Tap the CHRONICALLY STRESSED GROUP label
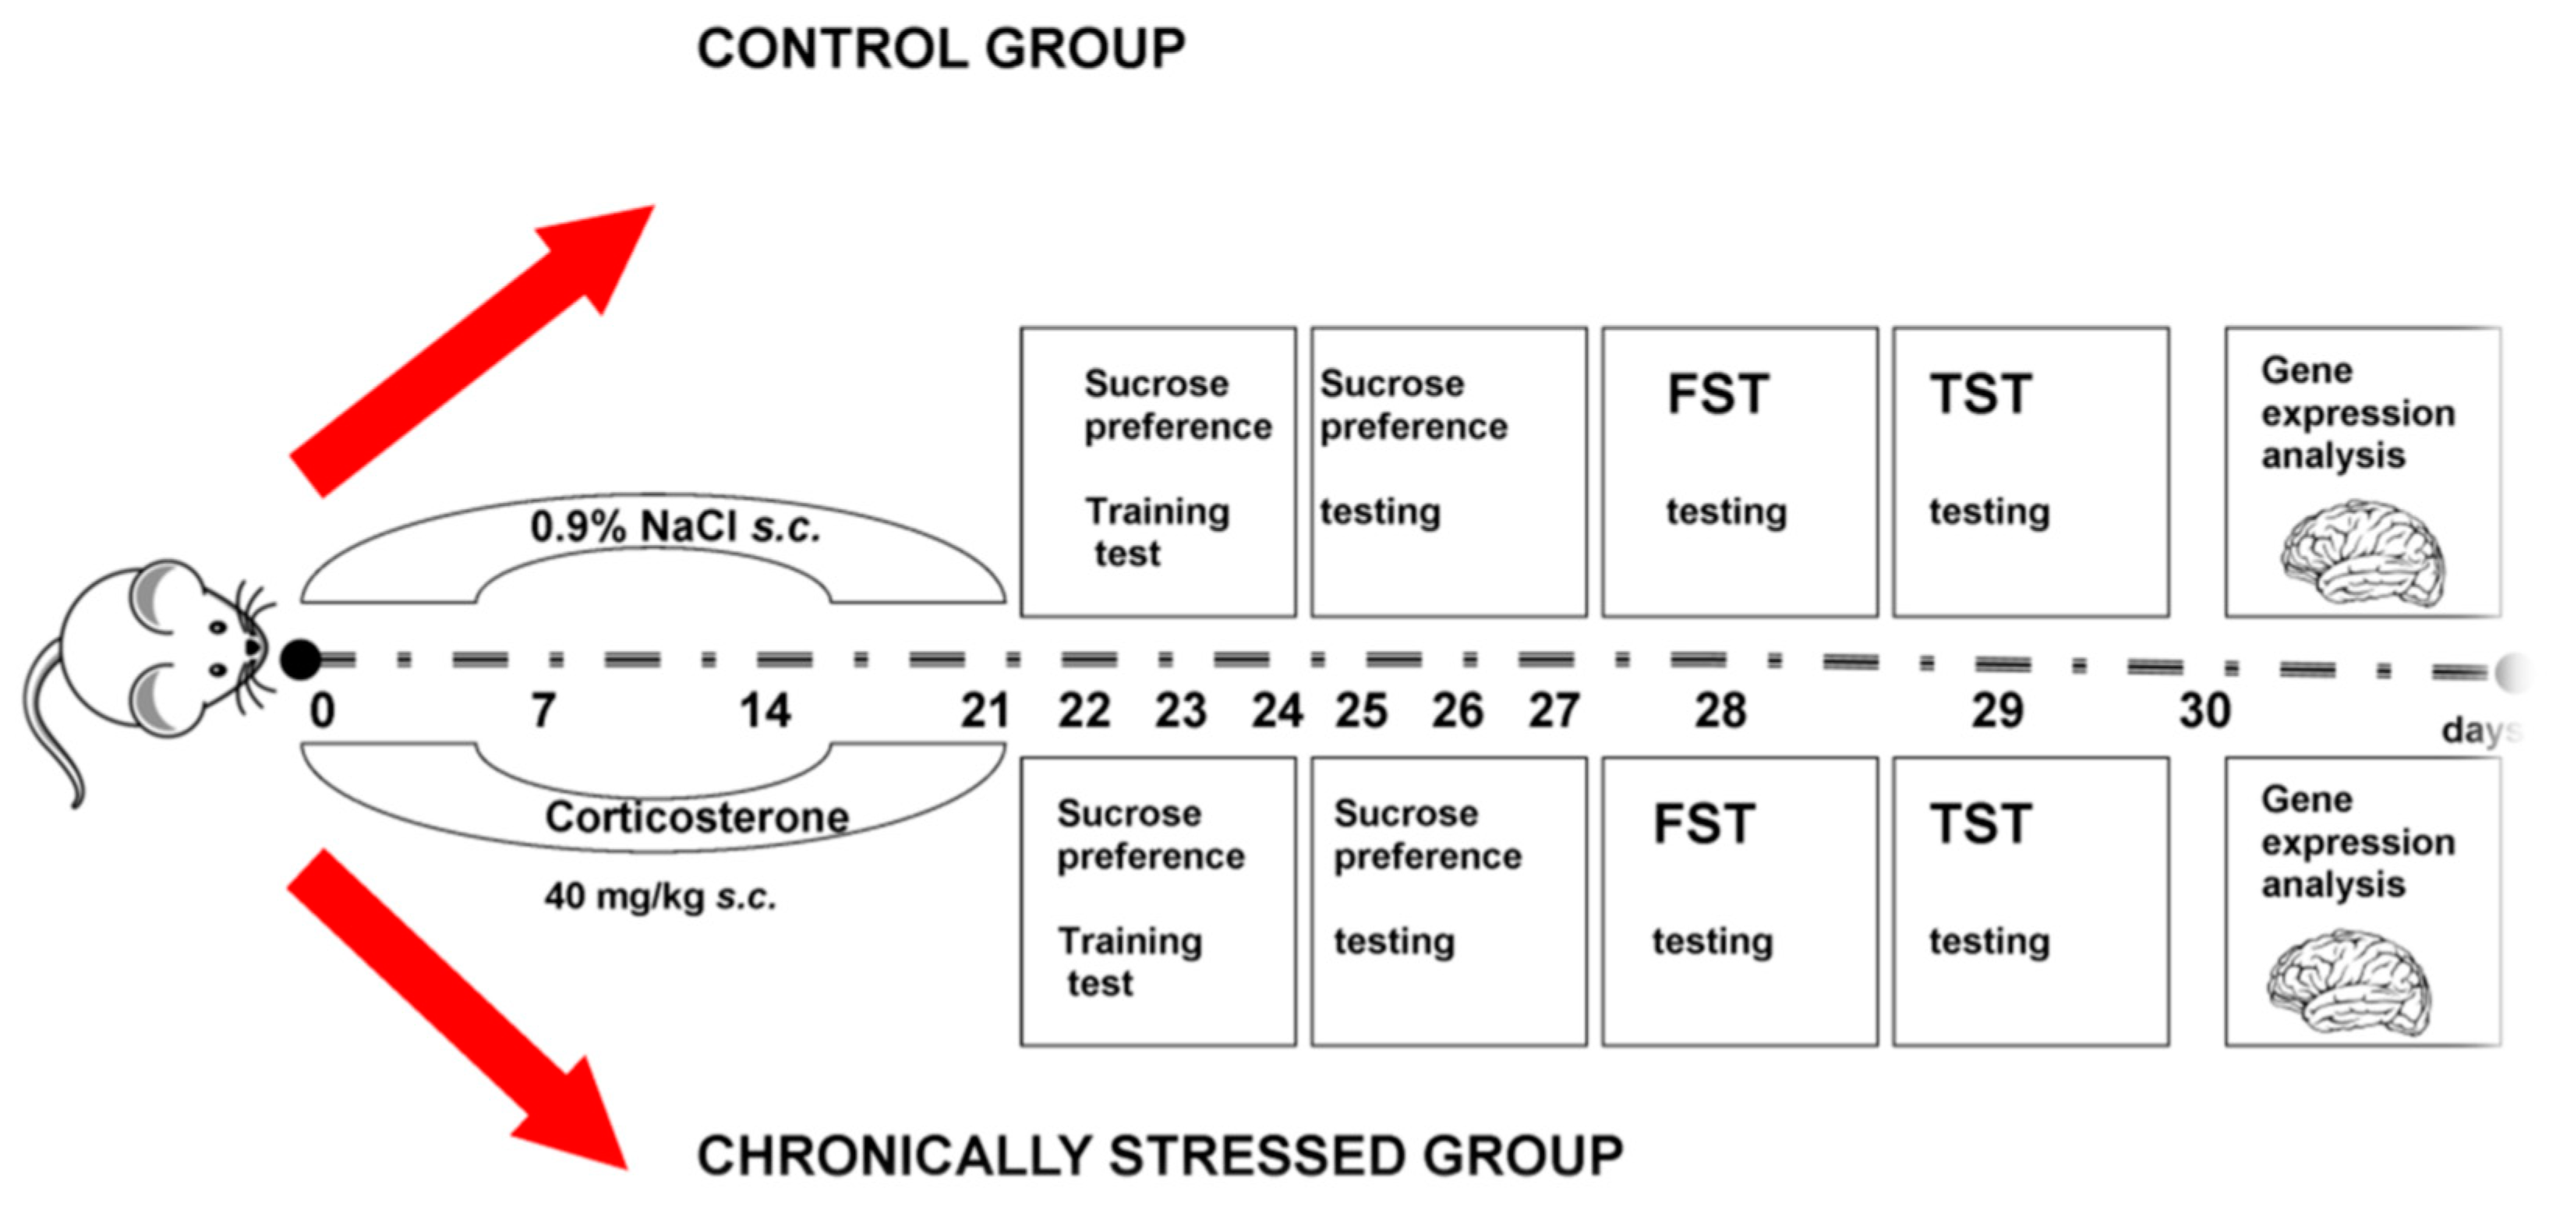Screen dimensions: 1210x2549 [1160, 1155]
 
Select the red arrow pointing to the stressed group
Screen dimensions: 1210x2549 [457, 1009]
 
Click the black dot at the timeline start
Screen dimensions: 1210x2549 [301, 659]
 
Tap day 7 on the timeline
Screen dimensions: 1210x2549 [543, 710]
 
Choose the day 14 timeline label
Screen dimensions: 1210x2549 [765, 710]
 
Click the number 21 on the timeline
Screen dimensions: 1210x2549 [985, 710]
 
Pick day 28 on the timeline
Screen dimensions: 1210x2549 [1720, 710]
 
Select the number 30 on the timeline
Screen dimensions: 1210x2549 [2204, 710]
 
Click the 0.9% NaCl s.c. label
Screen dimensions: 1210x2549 [675, 526]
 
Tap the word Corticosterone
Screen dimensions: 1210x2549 [697, 817]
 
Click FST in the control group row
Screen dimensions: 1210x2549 [1718, 394]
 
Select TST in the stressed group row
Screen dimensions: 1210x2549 [1981, 823]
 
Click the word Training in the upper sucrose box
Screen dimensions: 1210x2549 [1158, 511]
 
